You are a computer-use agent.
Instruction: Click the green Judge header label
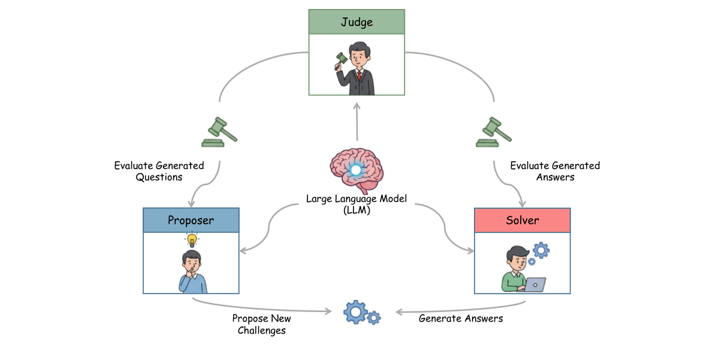(357, 22)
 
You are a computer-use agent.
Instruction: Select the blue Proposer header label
(191, 220)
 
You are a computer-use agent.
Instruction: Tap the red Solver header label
(522, 220)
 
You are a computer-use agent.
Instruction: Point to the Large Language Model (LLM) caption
(357, 204)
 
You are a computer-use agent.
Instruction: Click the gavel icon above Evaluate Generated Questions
(219, 132)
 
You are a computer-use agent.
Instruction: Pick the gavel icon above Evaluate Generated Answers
(494, 132)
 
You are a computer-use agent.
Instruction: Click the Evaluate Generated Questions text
(159, 171)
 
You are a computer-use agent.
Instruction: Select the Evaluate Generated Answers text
(555, 171)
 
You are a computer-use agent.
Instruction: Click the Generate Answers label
(461, 318)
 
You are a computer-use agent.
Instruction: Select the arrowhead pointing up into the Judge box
(357, 105)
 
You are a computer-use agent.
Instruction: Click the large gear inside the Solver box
(541, 250)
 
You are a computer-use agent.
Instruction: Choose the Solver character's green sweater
(513, 281)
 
